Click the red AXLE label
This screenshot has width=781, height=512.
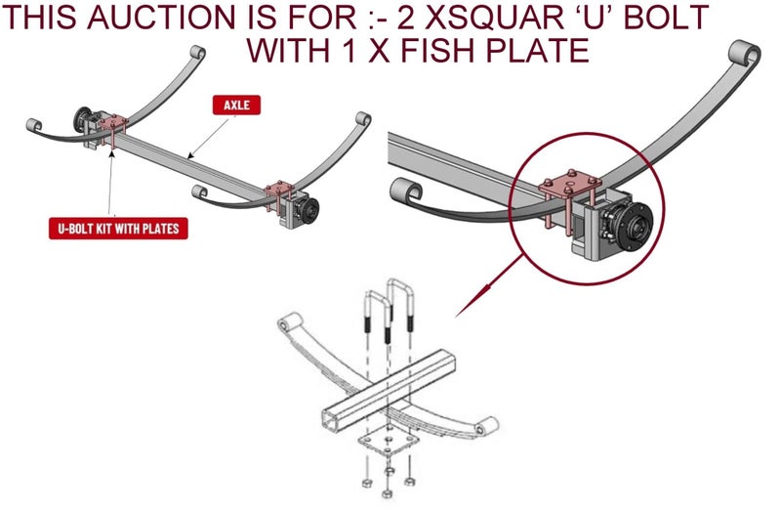pyautogui.click(x=236, y=105)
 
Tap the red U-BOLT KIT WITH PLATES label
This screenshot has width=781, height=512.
pyautogui.click(x=118, y=229)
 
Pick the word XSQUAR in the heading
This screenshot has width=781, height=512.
pyautogui.click(x=503, y=17)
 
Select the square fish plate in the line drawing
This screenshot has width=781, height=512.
pyautogui.click(x=387, y=443)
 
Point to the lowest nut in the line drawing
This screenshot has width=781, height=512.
pyautogui.click(x=387, y=493)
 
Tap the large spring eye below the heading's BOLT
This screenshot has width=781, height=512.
pyautogui.click(x=745, y=54)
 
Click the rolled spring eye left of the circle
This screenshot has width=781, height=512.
pyautogui.click(x=406, y=191)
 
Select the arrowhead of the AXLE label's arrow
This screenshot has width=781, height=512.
pyautogui.click(x=190, y=155)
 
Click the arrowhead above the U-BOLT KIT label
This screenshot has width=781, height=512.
pyautogui.click(x=111, y=153)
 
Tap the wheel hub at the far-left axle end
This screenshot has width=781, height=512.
pyautogui.click(x=81, y=119)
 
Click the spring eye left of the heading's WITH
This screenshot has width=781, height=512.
pyautogui.click(x=197, y=53)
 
